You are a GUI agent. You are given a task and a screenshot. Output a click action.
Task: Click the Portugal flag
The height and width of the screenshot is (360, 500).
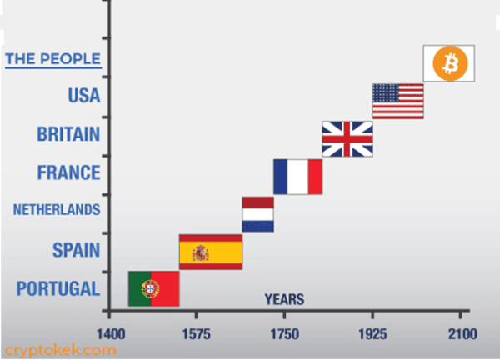pos(154,288)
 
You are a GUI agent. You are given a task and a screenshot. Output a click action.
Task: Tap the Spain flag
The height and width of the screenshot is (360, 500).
pos(211,252)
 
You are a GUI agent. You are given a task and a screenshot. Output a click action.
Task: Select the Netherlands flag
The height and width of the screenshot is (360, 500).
pos(257,214)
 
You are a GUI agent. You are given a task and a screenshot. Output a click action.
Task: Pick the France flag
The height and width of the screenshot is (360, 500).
pos(297,176)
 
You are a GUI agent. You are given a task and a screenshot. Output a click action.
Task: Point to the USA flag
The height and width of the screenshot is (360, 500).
pos(397,101)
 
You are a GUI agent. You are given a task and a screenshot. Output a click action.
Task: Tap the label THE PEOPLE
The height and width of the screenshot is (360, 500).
pos(53,59)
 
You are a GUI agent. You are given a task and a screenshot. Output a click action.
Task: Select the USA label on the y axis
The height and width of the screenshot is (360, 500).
pos(83,95)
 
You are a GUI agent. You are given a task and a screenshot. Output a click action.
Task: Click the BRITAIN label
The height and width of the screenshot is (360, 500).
pos(69,133)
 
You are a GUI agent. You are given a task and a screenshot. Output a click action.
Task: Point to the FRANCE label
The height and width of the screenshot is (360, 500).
pos(68,172)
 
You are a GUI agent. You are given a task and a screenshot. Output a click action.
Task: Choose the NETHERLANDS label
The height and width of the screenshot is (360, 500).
pos(56,210)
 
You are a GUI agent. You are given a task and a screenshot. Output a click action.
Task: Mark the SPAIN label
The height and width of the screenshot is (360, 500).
pos(75,249)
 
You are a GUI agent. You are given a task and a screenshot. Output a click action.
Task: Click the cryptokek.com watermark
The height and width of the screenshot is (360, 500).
pos(59,350)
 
